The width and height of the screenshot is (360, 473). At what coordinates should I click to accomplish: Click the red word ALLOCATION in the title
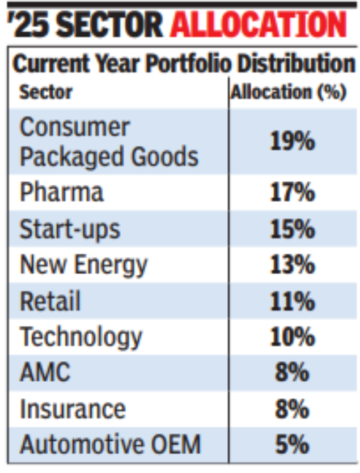pyautogui.click(x=258, y=25)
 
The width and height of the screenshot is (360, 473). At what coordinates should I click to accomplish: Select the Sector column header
pyautogui.click(x=46, y=92)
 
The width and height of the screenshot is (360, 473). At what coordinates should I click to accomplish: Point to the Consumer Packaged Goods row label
pyautogui.click(x=109, y=142)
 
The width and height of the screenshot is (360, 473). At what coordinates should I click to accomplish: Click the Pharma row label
pyautogui.click(x=62, y=193)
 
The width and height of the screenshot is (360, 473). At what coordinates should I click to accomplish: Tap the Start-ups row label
pyautogui.click(x=70, y=229)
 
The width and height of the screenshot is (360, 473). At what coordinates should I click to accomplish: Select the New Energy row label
pyautogui.click(x=83, y=265)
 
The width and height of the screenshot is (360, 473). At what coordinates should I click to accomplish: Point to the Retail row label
pyautogui.click(x=50, y=301)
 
